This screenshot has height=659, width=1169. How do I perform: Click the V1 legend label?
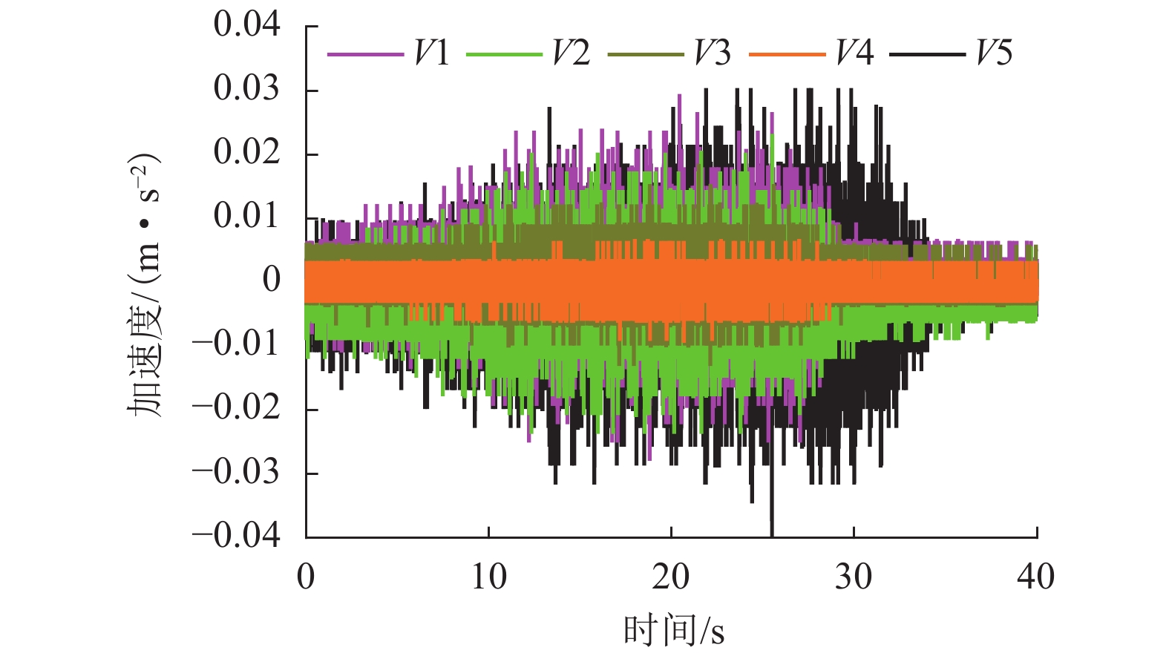(x=432, y=53)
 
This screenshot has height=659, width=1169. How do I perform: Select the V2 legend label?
(x=571, y=53)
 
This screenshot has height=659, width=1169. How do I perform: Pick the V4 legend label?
(x=854, y=53)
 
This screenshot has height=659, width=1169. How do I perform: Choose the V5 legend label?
(x=994, y=53)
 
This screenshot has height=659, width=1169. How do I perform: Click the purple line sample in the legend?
(x=365, y=54)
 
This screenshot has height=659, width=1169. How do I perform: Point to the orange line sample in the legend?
(x=787, y=54)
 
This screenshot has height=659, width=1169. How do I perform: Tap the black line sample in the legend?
(x=927, y=54)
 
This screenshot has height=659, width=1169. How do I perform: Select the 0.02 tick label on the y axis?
(x=246, y=152)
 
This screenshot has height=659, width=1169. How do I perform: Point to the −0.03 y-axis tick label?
(x=236, y=471)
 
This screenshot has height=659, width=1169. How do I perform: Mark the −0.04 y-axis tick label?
(x=236, y=535)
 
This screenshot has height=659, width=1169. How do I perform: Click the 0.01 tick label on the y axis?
(x=246, y=216)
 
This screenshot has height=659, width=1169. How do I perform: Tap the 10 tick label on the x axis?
(x=488, y=577)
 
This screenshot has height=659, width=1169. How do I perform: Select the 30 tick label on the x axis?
(x=854, y=577)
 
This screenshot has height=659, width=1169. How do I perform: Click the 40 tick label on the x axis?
(x=1035, y=577)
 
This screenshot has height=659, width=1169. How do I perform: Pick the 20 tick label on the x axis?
(x=671, y=577)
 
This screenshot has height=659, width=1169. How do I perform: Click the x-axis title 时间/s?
(x=673, y=631)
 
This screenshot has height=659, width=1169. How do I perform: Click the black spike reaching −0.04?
(x=772, y=523)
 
